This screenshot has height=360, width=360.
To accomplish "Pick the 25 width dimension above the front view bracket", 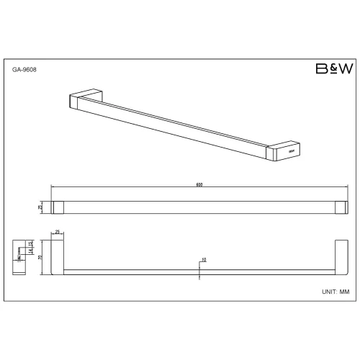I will [x=58, y=233].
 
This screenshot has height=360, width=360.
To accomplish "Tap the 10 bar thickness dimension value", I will [x=204, y=259].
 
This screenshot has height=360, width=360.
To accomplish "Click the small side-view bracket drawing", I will [x=19, y=256].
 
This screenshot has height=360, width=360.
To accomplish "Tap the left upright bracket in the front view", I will [x=58, y=256].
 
